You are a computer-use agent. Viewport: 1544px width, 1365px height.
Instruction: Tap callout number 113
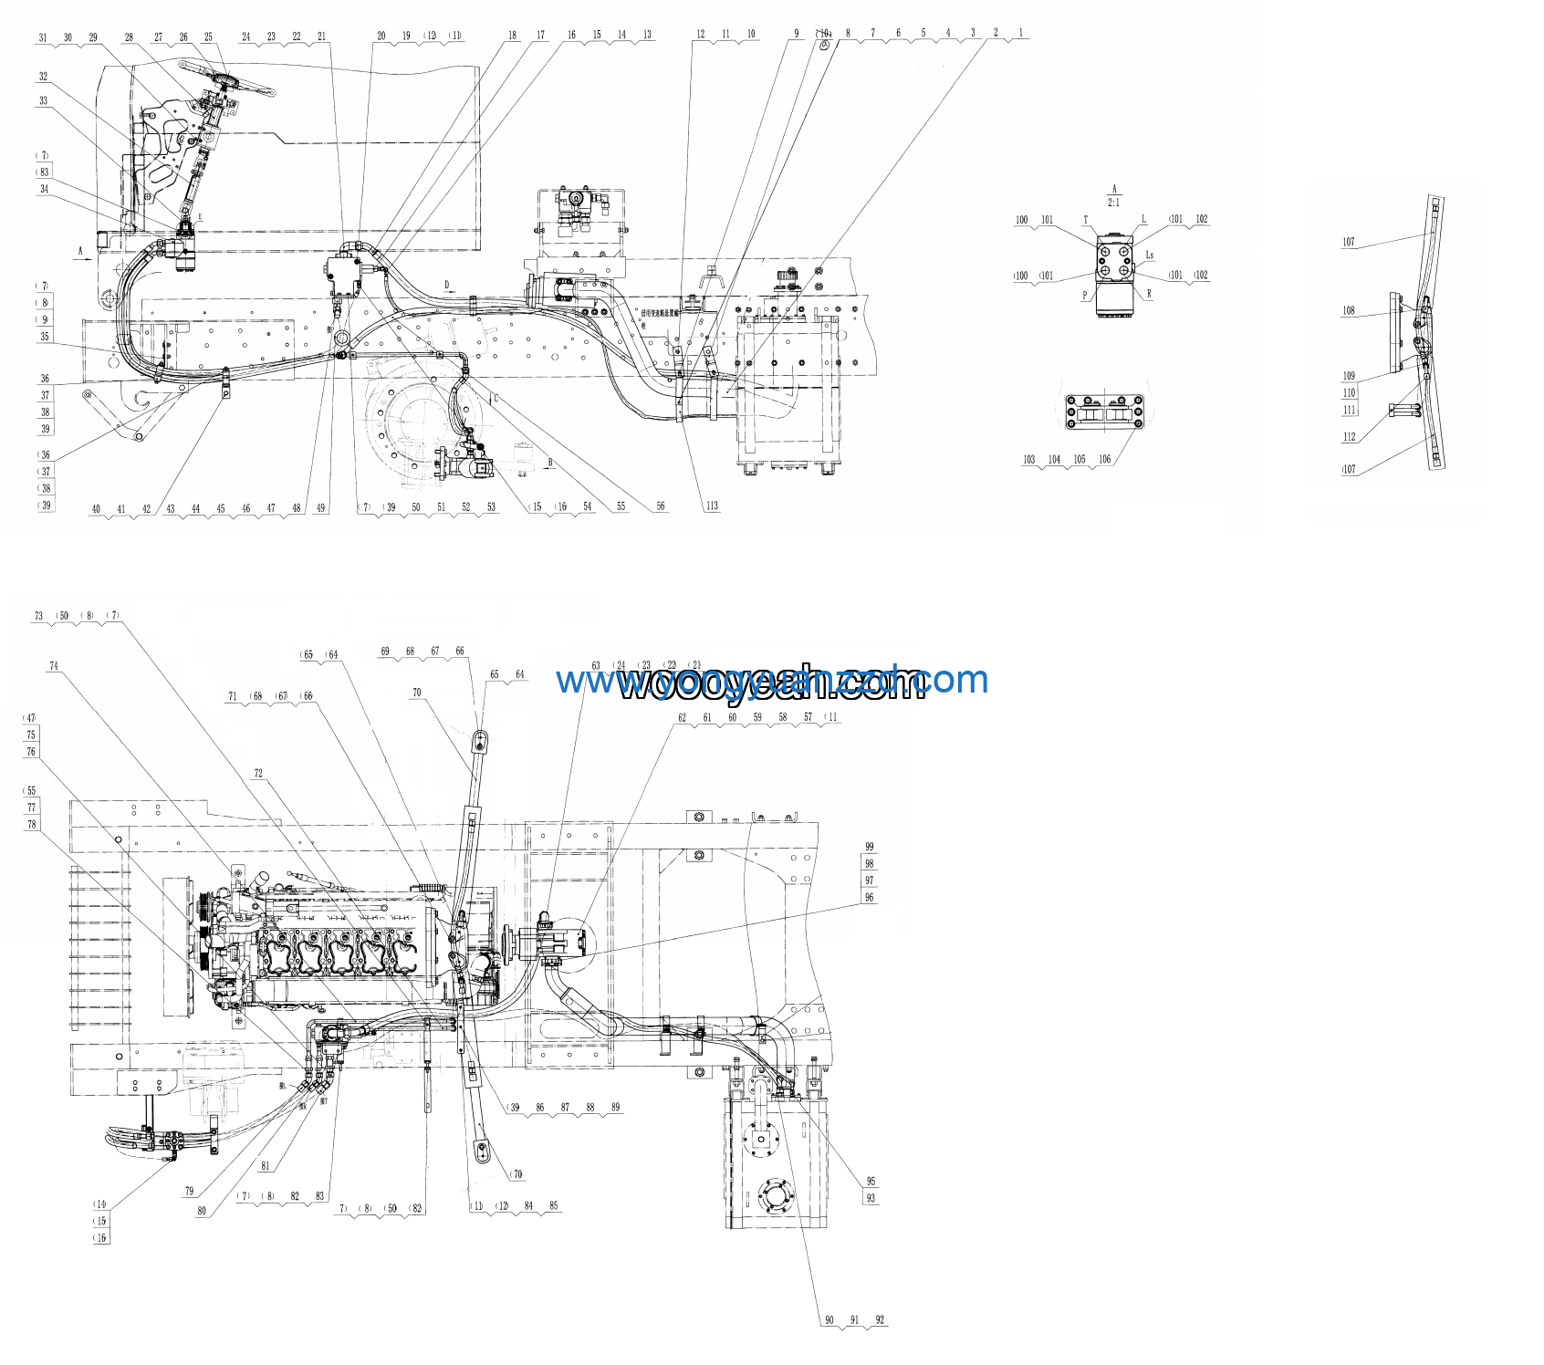(712, 505)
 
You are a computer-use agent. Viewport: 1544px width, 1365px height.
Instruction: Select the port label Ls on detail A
(1150, 255)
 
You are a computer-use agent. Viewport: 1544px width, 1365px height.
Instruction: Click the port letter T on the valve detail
(1085, 220)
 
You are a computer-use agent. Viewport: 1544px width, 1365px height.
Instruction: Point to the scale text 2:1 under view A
(1113, 203)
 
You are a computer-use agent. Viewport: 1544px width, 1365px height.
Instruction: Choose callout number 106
(1105, 459)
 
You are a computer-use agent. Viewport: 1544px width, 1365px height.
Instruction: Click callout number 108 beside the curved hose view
(1349, 310)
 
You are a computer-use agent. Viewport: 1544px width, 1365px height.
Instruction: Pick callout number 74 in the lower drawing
(54, 666)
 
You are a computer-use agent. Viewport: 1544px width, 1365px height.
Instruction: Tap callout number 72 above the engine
(258, 773)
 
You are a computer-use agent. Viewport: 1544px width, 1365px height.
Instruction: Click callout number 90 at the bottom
(829, 1319)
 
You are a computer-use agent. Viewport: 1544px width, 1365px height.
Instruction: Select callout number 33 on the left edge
(43, 100)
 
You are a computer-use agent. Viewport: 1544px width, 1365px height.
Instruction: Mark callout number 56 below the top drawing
(661, 505)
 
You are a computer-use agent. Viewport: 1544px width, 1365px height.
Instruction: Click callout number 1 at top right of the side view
(1021, 33)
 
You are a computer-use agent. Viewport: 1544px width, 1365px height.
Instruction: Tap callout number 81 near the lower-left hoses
(266, 1165)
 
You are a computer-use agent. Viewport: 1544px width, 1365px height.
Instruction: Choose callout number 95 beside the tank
(871, 1181)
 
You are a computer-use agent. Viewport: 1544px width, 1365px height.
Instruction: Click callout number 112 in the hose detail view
(1349, 436)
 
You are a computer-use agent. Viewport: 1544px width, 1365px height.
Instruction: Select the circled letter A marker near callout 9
(824, 44)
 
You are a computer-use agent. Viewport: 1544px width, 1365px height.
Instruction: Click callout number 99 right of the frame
(870, 847)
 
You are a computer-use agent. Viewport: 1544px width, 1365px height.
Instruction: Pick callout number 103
(1029, 459)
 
